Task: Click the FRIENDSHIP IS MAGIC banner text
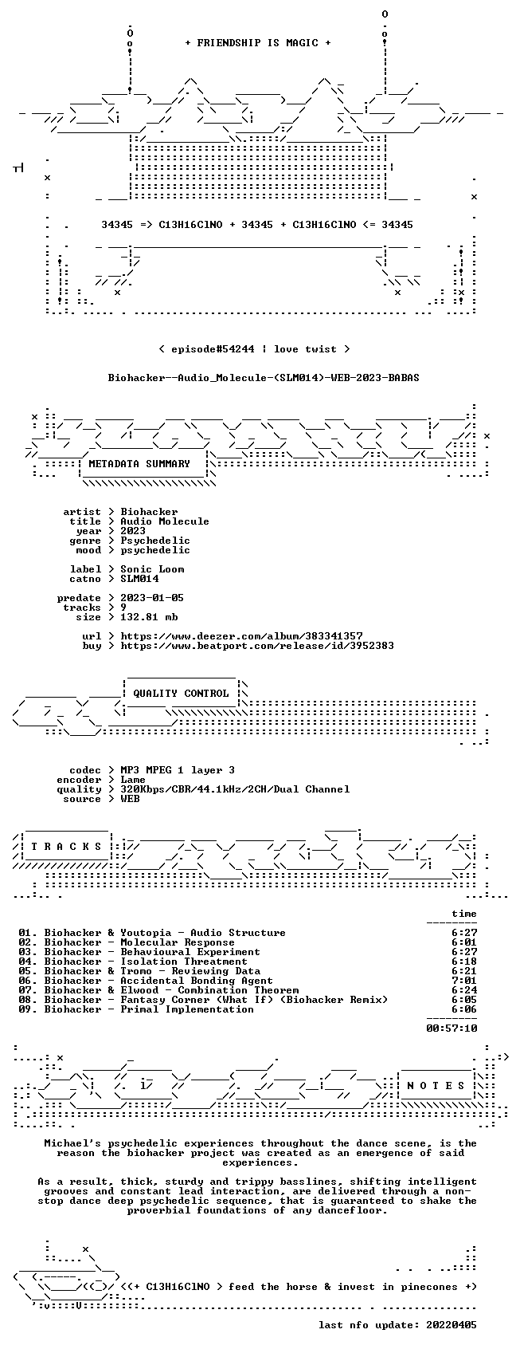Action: tap(257, 43)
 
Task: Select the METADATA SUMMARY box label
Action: tap(139, 464)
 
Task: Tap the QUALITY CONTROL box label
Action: tap(181, 693)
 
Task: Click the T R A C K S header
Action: tap(66, 846)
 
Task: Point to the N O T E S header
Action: tap(436, 1085)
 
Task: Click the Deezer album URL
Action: tap(242, 636)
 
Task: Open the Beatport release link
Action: tap(257, 646)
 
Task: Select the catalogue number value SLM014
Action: tap(139, 579)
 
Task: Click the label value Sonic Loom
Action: tap(152, 569)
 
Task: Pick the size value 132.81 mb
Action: tap(149, 616)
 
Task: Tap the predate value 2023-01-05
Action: tap(152, 598)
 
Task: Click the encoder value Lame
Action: tap(133, 779)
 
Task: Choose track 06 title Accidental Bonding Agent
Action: tap(197, 981)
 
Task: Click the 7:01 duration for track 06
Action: tap(464, 981)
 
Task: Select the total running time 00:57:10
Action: tap(451, 1028)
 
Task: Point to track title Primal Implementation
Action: tap(187, 1009)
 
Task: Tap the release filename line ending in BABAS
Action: tap(264, 378)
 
